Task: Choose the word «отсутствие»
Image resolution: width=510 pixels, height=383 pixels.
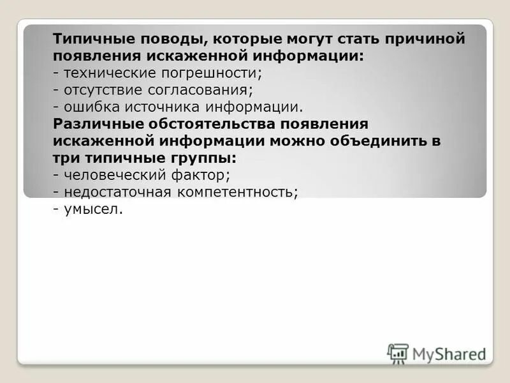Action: [102, 89]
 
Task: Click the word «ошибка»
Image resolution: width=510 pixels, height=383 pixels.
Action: [89, 106]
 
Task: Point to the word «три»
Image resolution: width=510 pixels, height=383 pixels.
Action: [65, 157]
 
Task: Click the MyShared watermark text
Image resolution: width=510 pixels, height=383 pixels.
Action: [449, 352]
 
